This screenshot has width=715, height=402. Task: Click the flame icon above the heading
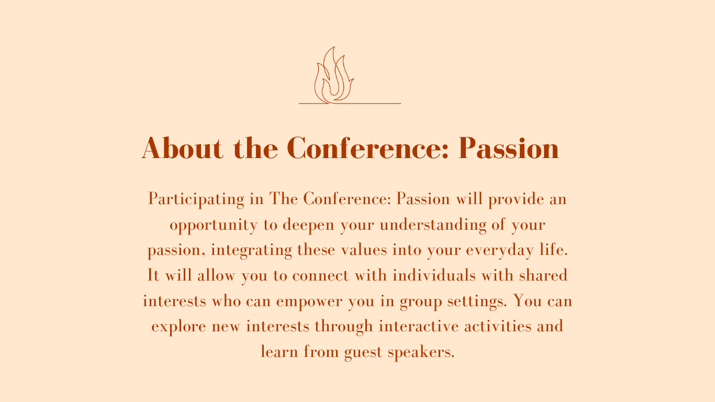tap(334, 75)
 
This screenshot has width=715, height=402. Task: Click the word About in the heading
tap(182, 148)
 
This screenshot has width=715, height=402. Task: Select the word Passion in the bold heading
tap(509, 148)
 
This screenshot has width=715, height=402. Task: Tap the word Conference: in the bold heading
tap(368, 148)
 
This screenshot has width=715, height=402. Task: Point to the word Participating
tap(196, 199)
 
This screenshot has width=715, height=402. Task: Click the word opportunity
tap(214, 225)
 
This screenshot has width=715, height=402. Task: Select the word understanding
tap(433, 225)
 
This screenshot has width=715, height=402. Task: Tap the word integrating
tap(251, 250)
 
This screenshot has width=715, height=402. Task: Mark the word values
tap(364, 250)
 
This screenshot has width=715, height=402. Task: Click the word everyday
tap(500, 250)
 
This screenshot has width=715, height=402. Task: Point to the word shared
tap(543, 275)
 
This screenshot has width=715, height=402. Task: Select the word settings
tap(477, 301)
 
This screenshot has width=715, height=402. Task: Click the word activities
tap(498, 326)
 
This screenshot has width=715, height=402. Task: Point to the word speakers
tap(421, 352)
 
